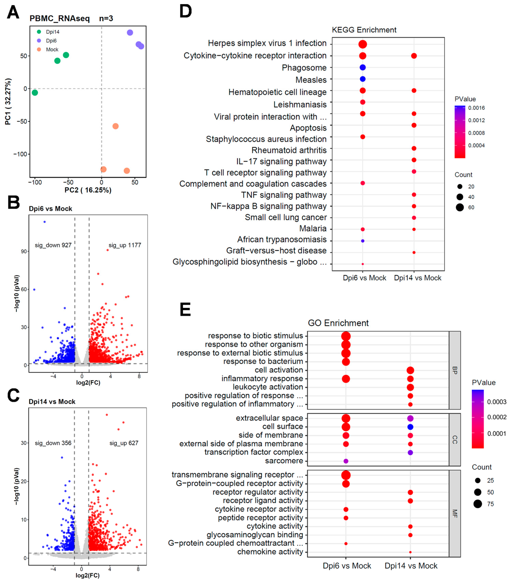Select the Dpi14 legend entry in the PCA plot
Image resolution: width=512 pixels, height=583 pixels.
[x=52, y=32]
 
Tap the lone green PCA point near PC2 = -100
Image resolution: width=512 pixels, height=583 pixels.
[x=35, y=92]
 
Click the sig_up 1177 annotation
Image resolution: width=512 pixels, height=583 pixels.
[x=125, y=245]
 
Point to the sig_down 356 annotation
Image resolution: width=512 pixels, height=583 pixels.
[x=53, y=443]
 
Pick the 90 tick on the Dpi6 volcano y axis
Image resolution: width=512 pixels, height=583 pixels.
[x=24, y=251]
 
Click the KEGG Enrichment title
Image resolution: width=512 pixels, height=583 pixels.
[x=364, y=30]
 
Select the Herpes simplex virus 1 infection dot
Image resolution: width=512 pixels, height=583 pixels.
[x=362, y=44]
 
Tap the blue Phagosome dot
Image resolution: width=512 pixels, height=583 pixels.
[x=362, y=67]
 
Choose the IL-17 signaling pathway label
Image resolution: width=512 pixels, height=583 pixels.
[x=281, y=161]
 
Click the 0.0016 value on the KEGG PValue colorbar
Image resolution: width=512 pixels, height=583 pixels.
[x=476, y=108]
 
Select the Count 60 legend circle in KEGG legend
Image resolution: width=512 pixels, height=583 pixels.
[x=459, y=207]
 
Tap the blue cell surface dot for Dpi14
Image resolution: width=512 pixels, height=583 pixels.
[x=410, y=427]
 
